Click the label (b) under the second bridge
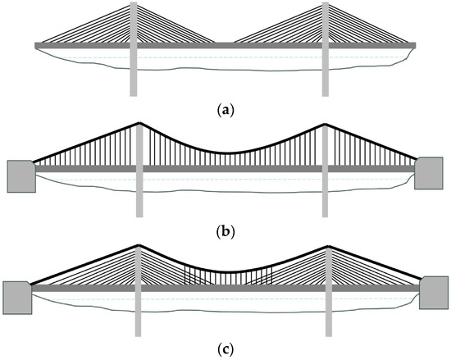[225, 230]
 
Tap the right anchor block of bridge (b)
[429, 174]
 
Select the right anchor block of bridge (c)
[434, 293]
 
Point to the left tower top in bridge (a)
[134, 4]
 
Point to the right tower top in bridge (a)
[326, 4]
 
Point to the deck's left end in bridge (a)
[37, 43]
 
